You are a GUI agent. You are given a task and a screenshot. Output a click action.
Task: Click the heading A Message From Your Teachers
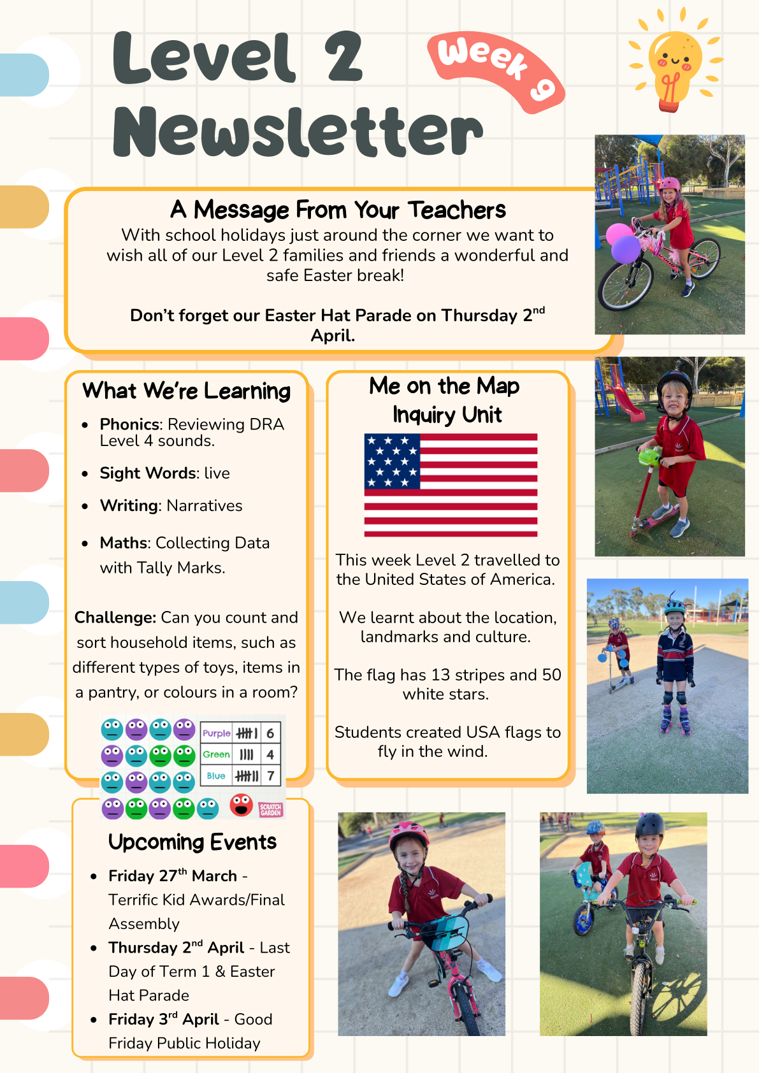[338, 210]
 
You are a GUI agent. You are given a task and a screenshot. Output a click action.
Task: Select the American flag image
[451, 485]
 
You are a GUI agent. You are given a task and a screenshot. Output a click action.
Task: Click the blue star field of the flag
[392, 461]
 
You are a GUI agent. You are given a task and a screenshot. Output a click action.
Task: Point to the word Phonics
[129, 424]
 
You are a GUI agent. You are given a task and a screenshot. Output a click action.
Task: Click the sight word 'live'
[217, 473]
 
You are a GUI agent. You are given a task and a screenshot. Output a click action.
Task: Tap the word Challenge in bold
[115, 618]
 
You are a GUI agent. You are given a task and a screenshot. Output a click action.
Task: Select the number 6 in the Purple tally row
[270, 733]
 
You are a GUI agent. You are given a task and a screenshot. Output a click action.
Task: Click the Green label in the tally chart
[216, 754]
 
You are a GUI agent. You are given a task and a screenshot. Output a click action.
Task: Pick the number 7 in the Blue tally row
[271, 776]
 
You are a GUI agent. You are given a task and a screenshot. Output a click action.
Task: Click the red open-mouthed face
[241, 805]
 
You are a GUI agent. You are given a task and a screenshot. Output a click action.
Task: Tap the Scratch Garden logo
[271, 810]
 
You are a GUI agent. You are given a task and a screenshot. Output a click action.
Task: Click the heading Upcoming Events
[192, 842]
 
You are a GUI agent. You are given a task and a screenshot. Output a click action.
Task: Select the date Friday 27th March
[173, 875]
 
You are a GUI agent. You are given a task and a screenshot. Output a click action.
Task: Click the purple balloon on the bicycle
[626, 249]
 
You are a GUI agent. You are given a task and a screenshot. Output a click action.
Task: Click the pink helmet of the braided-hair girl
[408, 835]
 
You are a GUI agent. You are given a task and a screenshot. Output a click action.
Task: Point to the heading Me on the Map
[444, 385]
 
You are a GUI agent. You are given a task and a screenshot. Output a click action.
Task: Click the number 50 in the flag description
[551, 675]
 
